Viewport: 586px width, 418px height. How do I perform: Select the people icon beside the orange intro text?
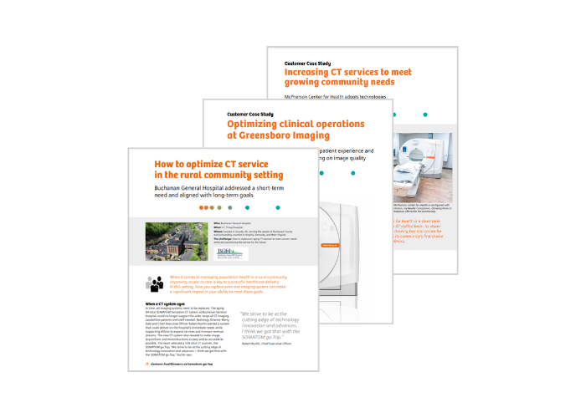155,283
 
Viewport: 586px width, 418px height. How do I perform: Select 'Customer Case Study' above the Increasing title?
311,63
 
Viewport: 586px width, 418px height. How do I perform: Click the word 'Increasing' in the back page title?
314,74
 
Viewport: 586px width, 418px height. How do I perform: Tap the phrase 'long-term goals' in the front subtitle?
249,200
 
